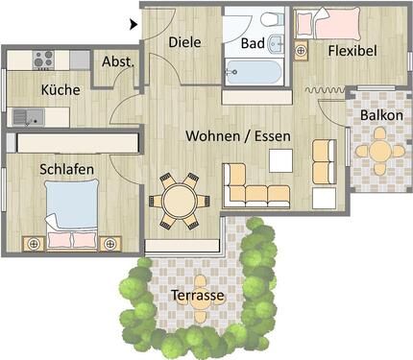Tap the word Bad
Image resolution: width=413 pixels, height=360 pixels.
253,44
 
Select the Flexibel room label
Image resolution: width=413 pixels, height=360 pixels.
352,50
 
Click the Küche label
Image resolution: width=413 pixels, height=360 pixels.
61,91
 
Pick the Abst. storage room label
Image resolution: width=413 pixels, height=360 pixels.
117,62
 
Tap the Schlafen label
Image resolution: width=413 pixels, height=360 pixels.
66,168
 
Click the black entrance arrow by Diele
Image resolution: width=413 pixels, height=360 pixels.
134,22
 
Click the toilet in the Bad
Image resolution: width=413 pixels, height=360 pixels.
270,19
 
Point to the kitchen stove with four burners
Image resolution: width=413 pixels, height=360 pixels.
43,59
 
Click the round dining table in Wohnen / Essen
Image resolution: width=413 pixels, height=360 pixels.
179,202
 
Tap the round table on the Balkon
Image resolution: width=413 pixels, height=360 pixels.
379,150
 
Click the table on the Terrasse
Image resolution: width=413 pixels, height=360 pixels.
200,283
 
